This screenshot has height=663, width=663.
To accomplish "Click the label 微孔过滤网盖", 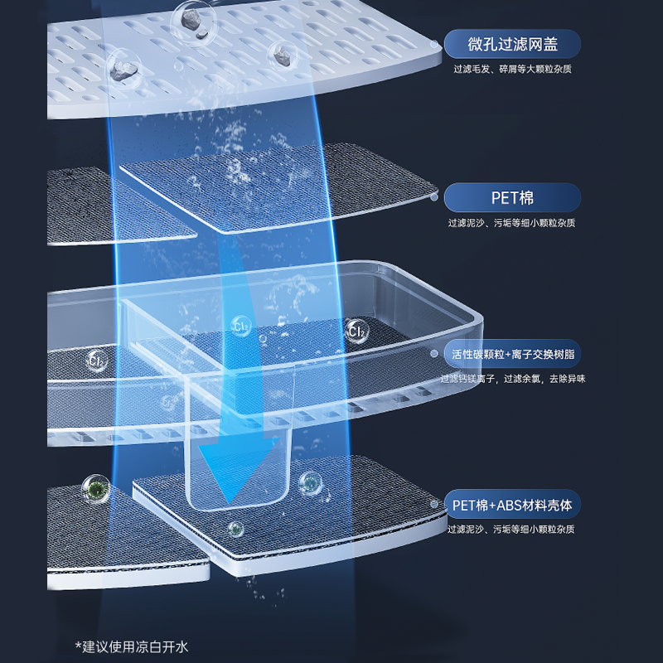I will (x=512, y=43).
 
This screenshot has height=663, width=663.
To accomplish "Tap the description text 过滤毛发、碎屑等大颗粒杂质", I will (x=512, y=70).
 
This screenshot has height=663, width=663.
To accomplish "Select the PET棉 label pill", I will (x=512, y=198).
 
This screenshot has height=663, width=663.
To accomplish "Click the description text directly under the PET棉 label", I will (x=511, y=223).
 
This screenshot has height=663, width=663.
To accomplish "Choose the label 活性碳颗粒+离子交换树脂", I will (x=512, y=354).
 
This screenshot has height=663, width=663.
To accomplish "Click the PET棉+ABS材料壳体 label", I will (x=512, y=504).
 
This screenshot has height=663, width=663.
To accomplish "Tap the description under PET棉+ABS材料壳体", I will (x=511, y=529).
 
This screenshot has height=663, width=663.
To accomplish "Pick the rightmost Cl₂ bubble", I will (x=357, y=331).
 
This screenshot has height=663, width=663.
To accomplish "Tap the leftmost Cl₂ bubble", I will (x=97, y=361).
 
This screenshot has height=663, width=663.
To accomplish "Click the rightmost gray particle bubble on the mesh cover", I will (x=283, y=56).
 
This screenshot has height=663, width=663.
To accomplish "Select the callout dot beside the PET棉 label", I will (x=435, y=198).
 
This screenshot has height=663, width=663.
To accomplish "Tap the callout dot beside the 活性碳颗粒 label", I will (x=433, y=353).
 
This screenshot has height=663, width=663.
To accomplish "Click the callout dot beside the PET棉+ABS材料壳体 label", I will (x=433, y=503).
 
